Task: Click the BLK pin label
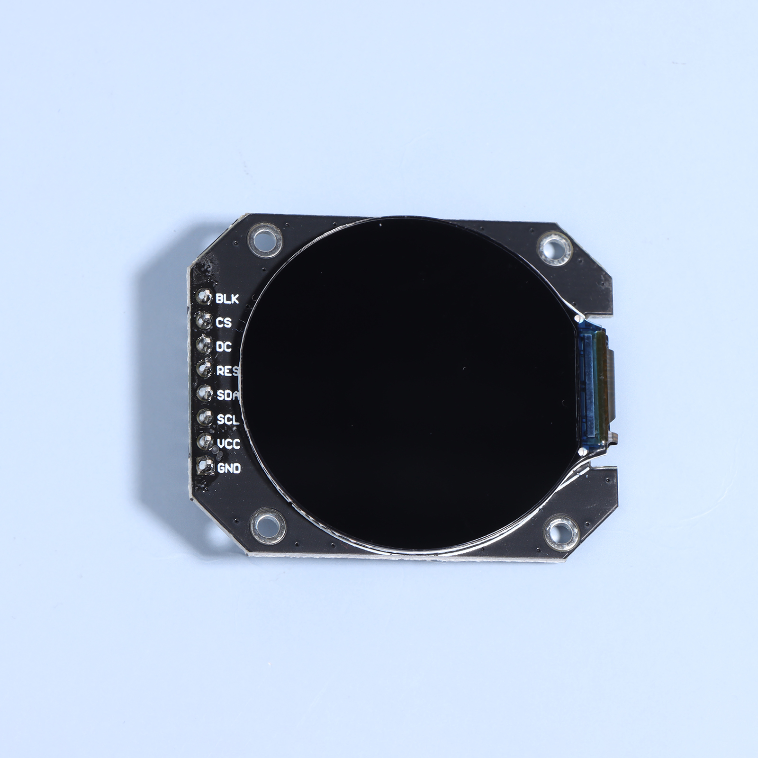point(227,298)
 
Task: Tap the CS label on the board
point(224,323)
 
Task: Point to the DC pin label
point(224,347)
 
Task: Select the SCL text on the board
point(228,419)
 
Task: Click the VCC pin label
point(229,444)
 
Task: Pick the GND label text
point(229,468)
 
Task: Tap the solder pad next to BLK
point(205,297)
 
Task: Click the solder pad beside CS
point(205,321)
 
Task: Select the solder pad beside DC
point(205,345)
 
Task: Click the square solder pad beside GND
point(205,466)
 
